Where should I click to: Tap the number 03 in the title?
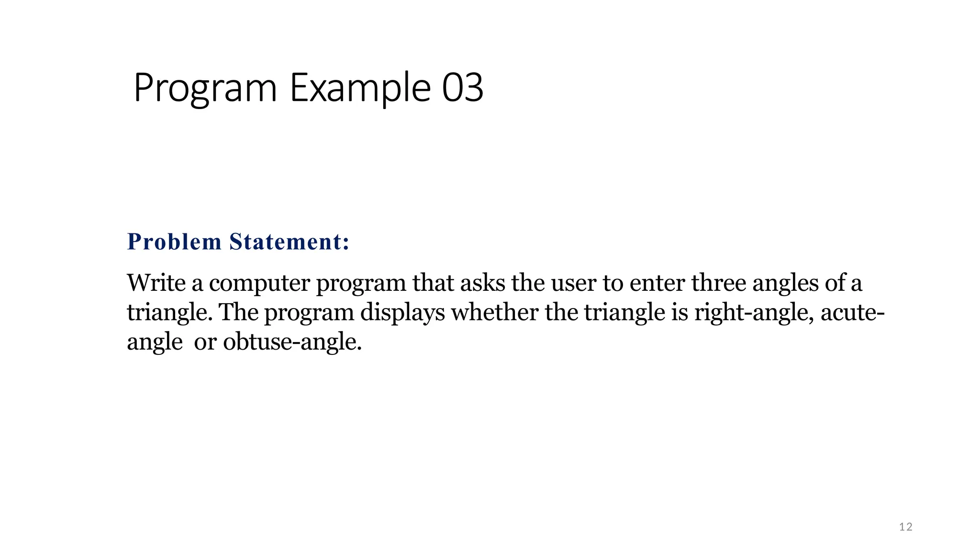(462, 88)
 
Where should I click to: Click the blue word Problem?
(174, 242)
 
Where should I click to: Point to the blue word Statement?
(290, 242)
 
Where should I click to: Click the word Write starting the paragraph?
(156, 283)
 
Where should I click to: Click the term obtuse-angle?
(292, 342)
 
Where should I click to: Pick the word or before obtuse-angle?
(205, 342)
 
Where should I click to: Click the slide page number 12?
(906, 527)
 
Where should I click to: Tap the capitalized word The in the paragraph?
(238, 312)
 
